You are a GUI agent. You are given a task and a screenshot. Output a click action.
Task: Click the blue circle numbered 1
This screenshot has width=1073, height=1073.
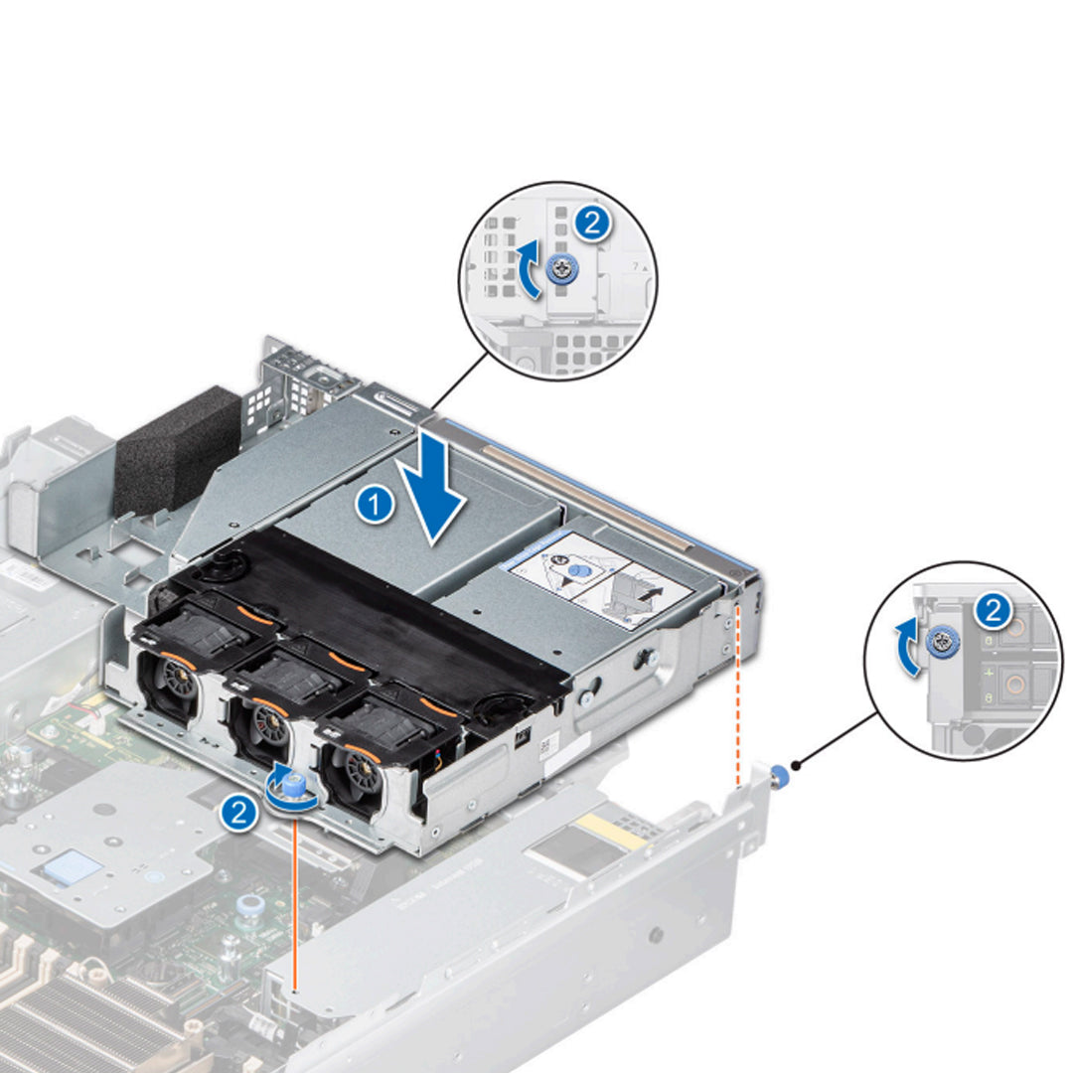pos(374,506)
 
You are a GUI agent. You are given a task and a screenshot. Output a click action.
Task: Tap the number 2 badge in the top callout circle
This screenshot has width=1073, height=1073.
pos(592,225)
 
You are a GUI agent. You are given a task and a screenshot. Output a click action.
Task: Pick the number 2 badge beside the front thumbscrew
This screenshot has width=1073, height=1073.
pos(236,814)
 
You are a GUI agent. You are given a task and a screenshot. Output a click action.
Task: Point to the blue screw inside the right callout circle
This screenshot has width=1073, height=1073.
pos(939,643)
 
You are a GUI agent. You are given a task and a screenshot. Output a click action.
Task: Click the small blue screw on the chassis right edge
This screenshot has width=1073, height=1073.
pos(782,772)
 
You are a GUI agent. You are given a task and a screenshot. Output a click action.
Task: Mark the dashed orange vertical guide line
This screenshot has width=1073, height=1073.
pos(736,695)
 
